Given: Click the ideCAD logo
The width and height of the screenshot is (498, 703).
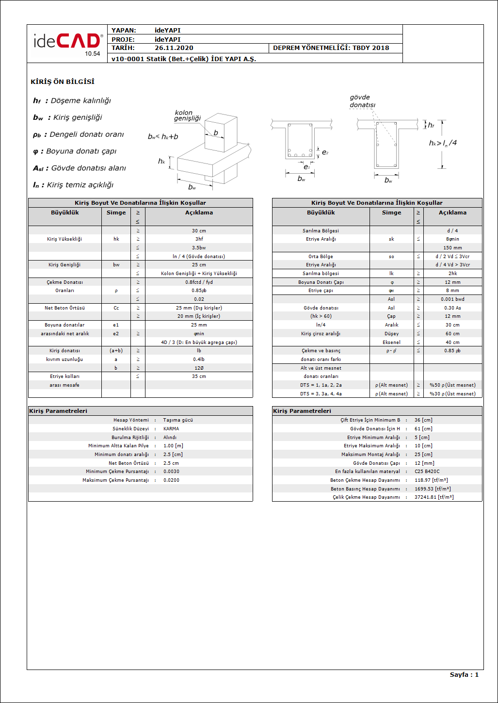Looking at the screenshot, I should pyautogui.click(x=67, y=41).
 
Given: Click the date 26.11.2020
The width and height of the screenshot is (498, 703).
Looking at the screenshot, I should pyautogui.click(x=174, y=48).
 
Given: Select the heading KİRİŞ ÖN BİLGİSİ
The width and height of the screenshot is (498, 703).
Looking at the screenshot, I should pyautogui.click(x=63, y=82).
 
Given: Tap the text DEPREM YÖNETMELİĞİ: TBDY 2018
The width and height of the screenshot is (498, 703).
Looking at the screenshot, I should pyautogui.click(x=331, y=48).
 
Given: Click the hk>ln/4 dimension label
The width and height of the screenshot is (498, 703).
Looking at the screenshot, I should pyautogui.click(x=442, y=143).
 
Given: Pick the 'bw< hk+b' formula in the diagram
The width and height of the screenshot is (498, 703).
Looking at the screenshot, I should pyautogui.click(x=163, y=137).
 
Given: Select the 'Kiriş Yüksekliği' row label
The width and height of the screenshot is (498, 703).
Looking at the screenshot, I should pyautogui.click(x=64, y=239).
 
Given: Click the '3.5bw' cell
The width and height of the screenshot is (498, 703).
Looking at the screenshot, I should pyautogui.click(x=199, y=248).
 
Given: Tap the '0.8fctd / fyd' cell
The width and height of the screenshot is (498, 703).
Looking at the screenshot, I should pyautogui.click(x=199, y=282).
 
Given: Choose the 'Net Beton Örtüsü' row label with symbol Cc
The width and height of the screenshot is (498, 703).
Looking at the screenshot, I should pyautogui.click(x=64, y=308).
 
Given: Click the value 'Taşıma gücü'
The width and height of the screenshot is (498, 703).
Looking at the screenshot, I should pyautogui.click(x=178, y=420).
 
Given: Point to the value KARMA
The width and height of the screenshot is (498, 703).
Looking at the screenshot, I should pyautogui.click(x=171, y=429).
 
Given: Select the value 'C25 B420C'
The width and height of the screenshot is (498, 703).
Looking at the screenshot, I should pyautogui.click(x=427, y=472).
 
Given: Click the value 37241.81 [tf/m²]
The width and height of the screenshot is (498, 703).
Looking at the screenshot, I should pyautogui.click(x=434, y=497).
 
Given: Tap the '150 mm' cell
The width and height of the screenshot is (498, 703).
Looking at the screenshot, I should pyautogui.click(x=452, y=248).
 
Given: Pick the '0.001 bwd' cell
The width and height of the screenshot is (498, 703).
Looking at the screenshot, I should pyautogui.click(x=452, y=299).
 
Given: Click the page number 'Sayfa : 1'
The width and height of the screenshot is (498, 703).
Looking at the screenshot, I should pyautogui.click(x=464, y=675).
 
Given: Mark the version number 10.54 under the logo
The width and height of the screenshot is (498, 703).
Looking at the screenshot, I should pyautogui.click(x=92, y=54).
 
